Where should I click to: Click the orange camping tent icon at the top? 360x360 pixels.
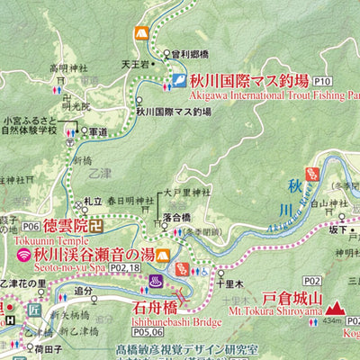tap(139, 33)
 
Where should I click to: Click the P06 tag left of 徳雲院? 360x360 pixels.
tap(31, 227)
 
